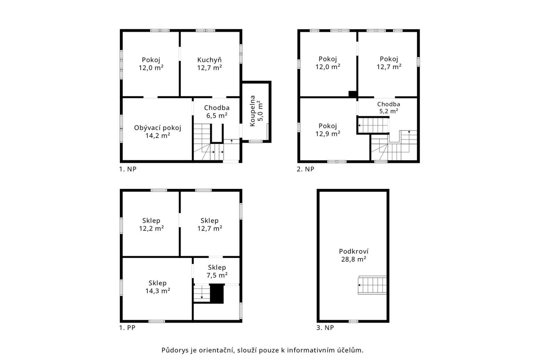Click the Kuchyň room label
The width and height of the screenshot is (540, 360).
click(x=209, y=60)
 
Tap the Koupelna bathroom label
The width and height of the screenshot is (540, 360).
click(x=252, y=111)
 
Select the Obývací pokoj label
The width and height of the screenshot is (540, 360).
click(x=157, y=128)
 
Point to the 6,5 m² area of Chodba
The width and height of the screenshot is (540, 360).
click(x=217, y=116)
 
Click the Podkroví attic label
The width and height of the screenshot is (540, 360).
click(x=354, y=251)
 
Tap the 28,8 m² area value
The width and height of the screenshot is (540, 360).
click(x=354, y=259)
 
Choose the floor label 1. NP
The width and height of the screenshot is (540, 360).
click(x=128, y=169)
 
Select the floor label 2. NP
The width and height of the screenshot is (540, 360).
click(x=305, y=169)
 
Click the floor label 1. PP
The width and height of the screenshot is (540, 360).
click(x=127, y=328)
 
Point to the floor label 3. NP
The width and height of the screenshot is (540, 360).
click(x=325, y=328)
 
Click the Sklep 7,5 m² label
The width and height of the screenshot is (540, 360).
click(x=217, y=271)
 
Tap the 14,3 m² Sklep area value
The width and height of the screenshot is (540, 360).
click(x=158, y=291)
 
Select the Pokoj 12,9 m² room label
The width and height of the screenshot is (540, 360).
click(x=328, y=130)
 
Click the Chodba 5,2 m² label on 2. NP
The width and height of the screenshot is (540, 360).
click(x=388, y=108)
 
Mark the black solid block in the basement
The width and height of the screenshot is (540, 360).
click(x=217, y=293)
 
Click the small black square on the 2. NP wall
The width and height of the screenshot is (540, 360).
click(x=353, y=94)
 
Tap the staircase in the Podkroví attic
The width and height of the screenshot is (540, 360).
click(x=372, y=285)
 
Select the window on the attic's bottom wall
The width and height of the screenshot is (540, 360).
click(x=353, y=321)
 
